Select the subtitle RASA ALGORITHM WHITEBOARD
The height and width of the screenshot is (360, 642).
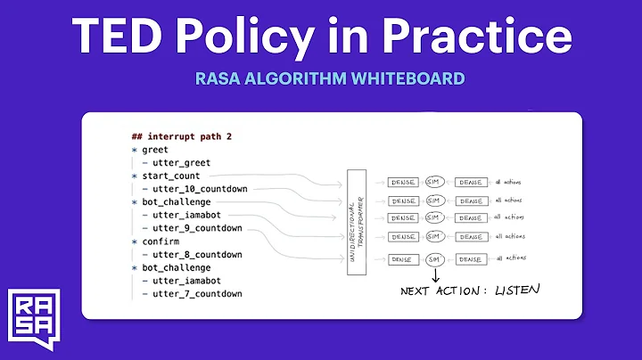(x=330, y=78)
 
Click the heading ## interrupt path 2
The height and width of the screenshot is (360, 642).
(x=182, y=136)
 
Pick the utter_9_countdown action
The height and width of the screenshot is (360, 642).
(x=197, y=228)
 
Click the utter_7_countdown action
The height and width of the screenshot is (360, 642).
(x=197, y=293)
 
